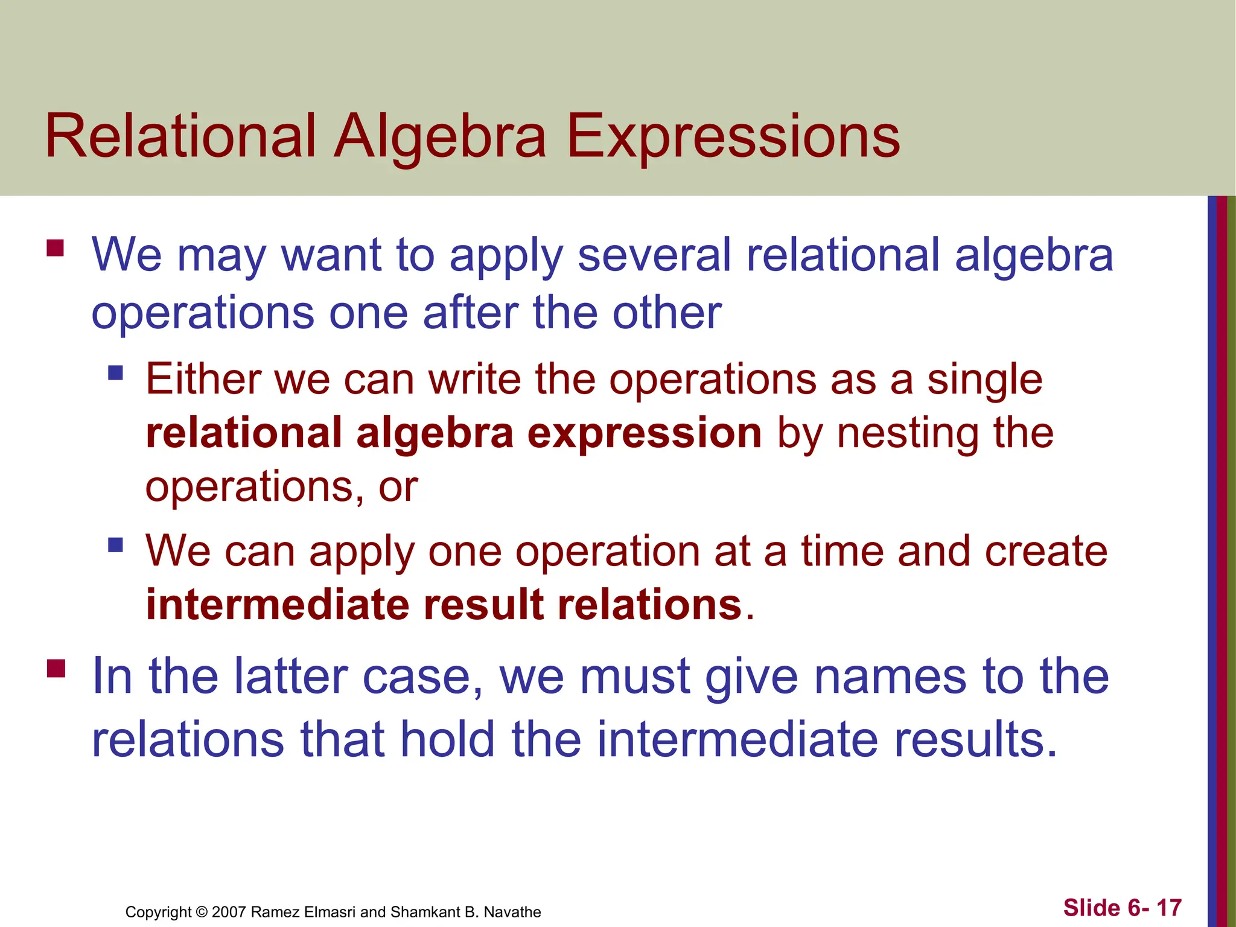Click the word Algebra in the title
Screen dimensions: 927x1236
pyautogui.click(x=440, y=138)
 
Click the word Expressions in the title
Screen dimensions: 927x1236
pyautogui.click(x=733, y=138)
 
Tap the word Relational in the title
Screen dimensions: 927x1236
pyautogui.click(x=180, y=138)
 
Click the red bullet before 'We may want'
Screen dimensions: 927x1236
pyautogui.click(x=56, y=248)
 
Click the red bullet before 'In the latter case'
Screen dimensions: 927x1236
pyautogui.click(x=56, y=669)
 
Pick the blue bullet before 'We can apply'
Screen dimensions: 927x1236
pyautogui.click(x=115, y=545)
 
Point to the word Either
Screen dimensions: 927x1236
pyautogui.click(x=202, y=380)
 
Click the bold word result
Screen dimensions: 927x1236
pyautogui.click(x=484, y=605)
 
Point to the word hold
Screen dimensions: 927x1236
pyautogui.click(x=447, y=739)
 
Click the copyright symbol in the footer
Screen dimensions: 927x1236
pyautogui.click(x=202, y=912)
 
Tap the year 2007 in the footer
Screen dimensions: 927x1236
pyautogui.click(x=229, y=912)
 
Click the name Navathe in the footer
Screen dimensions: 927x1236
pyautogui.click(x=512, y=912)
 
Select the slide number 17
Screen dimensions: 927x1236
pyautogui.click(x=1168, y=908)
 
